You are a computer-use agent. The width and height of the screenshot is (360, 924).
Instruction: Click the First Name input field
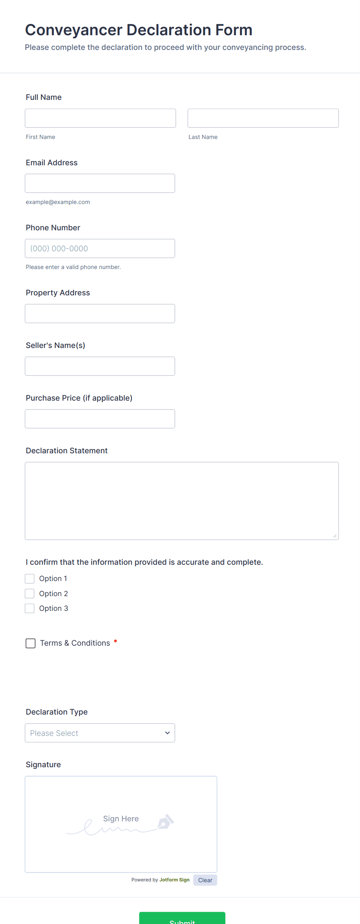(100, 118)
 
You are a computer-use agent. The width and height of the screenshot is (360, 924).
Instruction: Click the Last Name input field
(263, 118)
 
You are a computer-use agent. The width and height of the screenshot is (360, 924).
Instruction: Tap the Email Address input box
(100, 183)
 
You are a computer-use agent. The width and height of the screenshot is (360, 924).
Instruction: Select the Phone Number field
(100, 249)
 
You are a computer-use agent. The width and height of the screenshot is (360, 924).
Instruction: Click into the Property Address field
(100, 314)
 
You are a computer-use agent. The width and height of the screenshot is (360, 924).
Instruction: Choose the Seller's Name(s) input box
(100, 366)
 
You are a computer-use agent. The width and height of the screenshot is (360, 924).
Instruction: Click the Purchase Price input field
(100, 419)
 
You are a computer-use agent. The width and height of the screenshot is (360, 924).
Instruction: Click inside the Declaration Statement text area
(182, 501)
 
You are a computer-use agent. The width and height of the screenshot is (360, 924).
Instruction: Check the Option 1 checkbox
(30, 579)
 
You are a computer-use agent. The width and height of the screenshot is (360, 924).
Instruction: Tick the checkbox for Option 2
(30, 593)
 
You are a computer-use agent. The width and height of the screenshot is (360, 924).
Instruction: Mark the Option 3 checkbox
(30, 609)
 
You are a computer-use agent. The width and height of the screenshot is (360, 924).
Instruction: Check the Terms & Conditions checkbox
(31, 643)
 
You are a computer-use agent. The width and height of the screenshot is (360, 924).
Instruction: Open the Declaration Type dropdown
(100, 733)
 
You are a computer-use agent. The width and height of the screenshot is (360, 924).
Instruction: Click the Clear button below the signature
(205, 880)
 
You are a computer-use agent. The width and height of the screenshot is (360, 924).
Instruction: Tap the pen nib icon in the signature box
(166, 821)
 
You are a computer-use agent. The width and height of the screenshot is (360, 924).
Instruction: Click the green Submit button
(182, 919)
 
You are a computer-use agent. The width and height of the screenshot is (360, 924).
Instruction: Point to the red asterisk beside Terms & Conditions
(115, 642)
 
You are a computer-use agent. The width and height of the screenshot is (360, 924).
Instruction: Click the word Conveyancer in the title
(74, 30)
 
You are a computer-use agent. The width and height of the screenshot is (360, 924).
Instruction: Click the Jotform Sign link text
(174, 880)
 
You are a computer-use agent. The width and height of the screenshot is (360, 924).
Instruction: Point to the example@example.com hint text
(58, 202)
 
